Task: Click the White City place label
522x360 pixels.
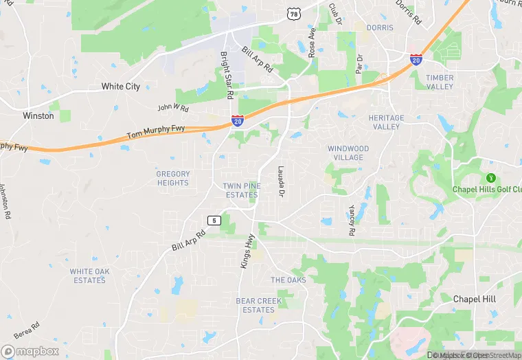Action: tap(121, 87)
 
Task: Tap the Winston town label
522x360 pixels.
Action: tap(38, 116)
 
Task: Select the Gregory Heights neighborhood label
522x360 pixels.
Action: tap(172, 179)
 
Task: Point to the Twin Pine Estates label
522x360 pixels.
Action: tap(240, 190)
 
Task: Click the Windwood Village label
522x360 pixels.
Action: tap(348, 153)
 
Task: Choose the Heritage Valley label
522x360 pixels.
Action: tap(387, 122)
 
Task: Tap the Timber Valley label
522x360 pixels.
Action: tap(440, 82)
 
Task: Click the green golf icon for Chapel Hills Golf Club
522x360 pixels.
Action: tap(490, 178)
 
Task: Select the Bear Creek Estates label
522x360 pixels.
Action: tap(259, 306)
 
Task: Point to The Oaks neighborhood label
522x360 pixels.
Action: tap(288, 280)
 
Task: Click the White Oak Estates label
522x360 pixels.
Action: tap(89, 275)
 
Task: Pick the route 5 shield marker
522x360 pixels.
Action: tap(214, 220)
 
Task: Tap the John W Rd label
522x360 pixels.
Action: tap(172, 107)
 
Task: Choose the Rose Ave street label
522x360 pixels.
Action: tap(313, 42)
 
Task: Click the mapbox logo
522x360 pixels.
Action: tap(31, 350)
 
